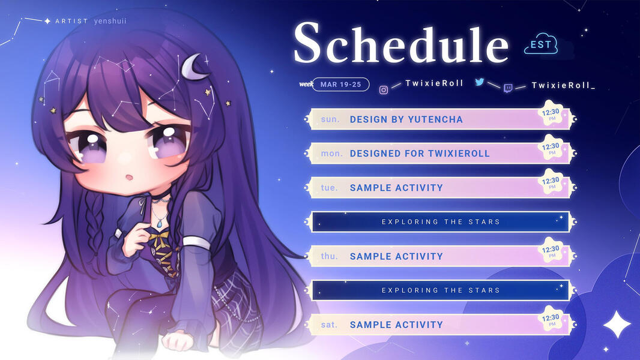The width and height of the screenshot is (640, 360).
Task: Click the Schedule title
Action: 401,43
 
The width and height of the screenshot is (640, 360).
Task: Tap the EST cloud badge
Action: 541,44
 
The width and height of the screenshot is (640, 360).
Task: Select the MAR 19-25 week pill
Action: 341,85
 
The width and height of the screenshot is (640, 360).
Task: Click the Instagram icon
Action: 384,89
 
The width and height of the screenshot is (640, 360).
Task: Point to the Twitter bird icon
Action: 480,82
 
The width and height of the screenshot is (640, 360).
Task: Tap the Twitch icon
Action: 508,88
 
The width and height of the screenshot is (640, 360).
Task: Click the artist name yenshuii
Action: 110,21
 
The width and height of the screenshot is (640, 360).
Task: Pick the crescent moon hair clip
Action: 192,66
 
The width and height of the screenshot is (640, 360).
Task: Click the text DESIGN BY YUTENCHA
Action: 406,119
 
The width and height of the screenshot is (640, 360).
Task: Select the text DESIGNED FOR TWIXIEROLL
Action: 420,154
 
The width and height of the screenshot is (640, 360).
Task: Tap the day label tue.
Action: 329,188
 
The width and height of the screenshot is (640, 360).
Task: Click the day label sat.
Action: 329,325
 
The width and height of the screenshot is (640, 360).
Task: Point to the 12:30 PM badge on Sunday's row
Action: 551,113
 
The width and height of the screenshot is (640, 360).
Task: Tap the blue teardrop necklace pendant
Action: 159,223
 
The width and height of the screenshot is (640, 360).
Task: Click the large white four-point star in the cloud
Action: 617,324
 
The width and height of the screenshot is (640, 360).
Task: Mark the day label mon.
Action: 331,154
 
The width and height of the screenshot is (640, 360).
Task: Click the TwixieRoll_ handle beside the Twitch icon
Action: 563,85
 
